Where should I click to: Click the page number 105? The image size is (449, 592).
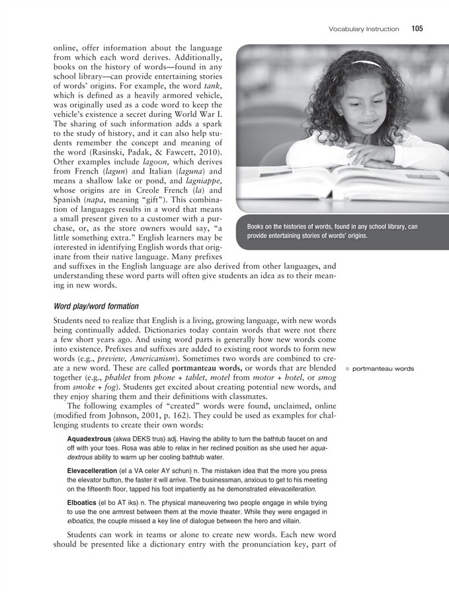tap(417, 28)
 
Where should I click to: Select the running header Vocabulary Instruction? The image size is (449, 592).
tap(364, 29)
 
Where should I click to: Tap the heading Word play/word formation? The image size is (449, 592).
tap(97, 306)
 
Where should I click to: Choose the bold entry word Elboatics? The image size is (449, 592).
tap(83, 503)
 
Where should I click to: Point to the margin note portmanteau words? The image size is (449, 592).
tap(384, 369)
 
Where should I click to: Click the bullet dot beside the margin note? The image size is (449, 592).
tap(348, 369)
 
